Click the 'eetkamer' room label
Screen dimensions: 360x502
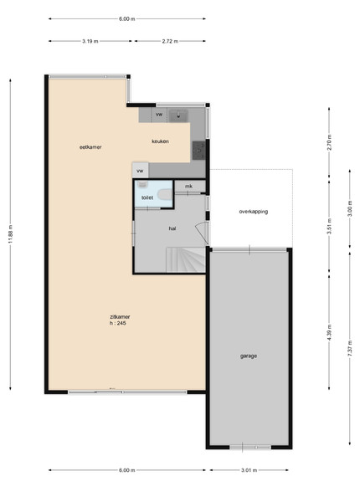coord(90,147)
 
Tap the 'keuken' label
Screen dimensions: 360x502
coord(160,141)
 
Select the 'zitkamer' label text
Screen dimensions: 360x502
coord(120,317)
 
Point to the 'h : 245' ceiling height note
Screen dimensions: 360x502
coord(118,323)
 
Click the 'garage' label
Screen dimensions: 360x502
coord(249,356)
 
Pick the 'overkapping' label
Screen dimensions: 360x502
coord(254,212)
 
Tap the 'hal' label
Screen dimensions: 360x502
coord(172,228)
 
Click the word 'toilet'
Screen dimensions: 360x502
coord(147,197)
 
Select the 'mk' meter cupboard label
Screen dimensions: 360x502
coord(188,186)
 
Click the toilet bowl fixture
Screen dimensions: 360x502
coord(166,195)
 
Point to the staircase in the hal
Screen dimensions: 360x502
coord(186,259)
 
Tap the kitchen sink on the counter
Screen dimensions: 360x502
coord(178,115)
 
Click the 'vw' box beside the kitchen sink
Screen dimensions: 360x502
coord(159,115)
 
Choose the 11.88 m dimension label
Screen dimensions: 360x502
coord(10,235)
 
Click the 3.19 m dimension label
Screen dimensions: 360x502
coord(90,41)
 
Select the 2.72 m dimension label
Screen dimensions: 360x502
coord(170,41)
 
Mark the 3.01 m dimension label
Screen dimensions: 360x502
coord(249,470)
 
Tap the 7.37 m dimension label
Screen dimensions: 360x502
coord(350,349)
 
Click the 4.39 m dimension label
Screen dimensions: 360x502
coord(329,333)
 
